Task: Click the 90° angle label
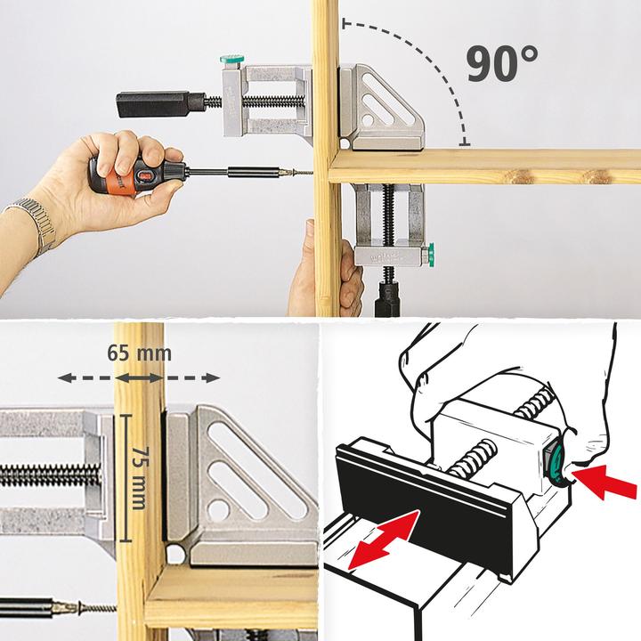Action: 502,64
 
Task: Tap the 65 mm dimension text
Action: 140,353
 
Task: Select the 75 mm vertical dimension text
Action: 140,478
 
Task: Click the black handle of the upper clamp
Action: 159,104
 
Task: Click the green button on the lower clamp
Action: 430,256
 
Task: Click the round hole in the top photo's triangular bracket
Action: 368,119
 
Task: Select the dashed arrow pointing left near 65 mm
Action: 85,377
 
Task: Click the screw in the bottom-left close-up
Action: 95,608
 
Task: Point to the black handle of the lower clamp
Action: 387,297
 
